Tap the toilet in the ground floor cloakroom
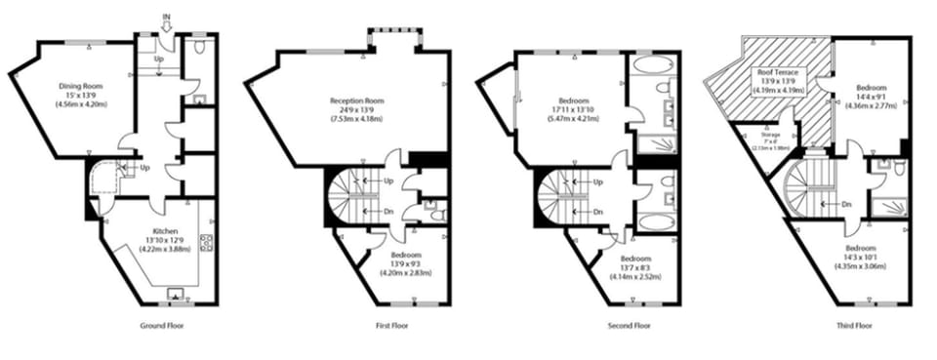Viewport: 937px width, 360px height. click(199, 45)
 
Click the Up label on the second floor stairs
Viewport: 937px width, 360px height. click(596, 182)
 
